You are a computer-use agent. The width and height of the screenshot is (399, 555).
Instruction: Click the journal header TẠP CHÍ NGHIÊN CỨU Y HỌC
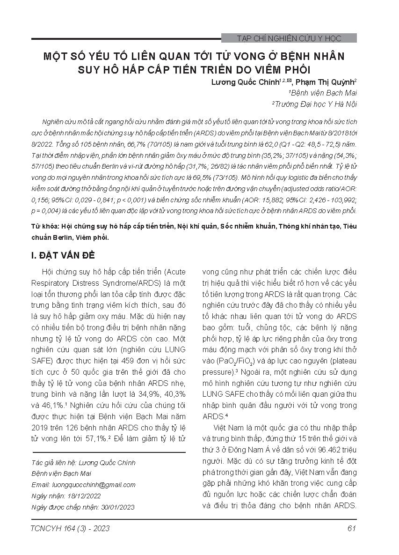(289, 38)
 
